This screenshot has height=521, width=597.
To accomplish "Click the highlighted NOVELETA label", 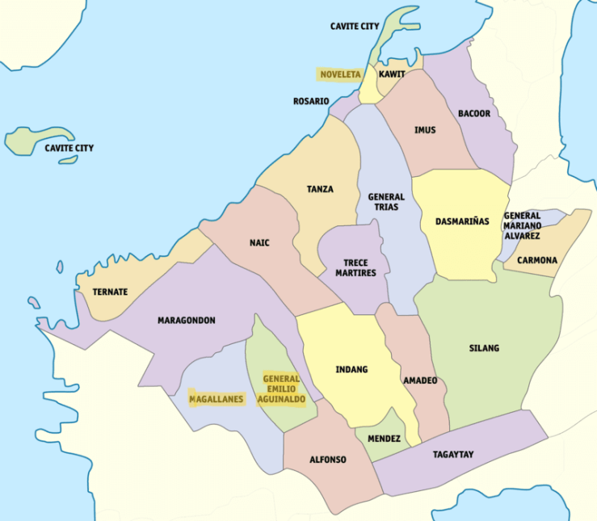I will [340, 74].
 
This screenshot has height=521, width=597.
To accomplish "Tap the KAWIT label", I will [392, 74].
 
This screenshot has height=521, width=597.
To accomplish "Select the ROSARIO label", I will [311, 102].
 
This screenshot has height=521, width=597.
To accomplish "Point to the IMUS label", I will [425, 130].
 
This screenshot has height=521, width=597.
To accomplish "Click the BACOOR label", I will [474, 114].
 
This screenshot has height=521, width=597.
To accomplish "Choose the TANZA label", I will [320, 190].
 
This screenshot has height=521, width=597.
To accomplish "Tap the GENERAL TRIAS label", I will [386, 202].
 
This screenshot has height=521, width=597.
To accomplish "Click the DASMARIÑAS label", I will [462, 221].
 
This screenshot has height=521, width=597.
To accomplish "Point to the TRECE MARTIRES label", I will [355, 268].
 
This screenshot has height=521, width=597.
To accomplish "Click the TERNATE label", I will [110, 292].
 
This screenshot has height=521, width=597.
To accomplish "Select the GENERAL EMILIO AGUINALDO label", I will [281, 389].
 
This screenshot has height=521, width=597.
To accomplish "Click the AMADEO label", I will [420, 380].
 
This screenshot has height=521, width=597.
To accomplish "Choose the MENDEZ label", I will [384, 439].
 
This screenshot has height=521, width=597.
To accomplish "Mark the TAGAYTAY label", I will [452, 454].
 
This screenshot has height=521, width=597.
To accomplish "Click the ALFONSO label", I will [328, 460].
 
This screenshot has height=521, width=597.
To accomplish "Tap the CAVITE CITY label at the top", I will [354, 27].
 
